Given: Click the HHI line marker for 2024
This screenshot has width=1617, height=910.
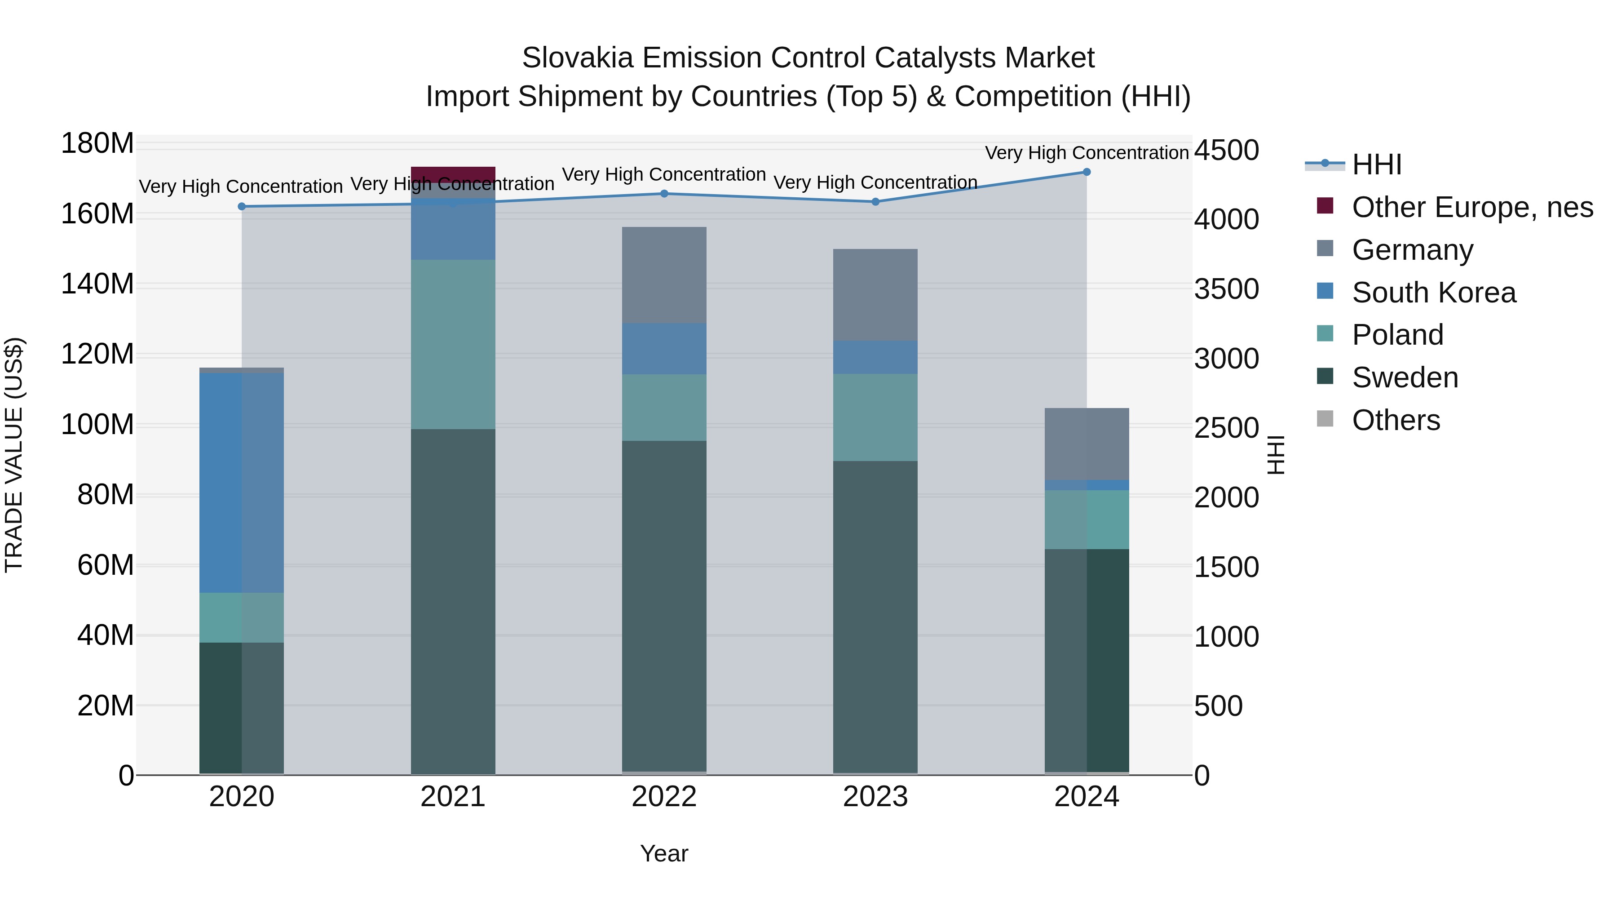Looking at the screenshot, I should pyautogui.click(x=1087, y=172).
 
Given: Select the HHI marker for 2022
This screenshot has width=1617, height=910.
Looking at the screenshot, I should pyautogui.click(x=664, y=193).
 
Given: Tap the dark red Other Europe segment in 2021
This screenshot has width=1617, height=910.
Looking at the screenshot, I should pyautogui.click(x=453, y=174).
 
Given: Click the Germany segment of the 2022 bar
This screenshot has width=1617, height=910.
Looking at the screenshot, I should pyautogui.click(x=664, y=275).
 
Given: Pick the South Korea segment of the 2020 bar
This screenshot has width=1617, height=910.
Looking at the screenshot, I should pyautogui.click(x=242, y=482).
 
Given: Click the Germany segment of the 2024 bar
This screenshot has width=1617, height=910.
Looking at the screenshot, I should pyautogui.click(x=1087, y=444).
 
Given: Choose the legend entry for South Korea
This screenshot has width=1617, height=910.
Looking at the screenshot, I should pyautogui.click(x=1433, y=293).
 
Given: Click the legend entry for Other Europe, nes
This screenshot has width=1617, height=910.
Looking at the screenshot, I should pyautogui.click(x=1472, y=207).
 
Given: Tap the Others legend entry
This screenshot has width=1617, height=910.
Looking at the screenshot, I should pyautogui.click(x=1396, y=420).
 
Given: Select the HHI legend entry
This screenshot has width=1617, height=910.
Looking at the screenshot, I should pyautogui.click(x=1377, y=164).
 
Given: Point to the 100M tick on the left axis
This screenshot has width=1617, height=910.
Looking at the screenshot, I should pyautogui.click(x=97, y=425).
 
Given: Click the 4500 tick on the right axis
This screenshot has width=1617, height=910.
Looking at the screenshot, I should pyautogui.click(x=1226, y=151).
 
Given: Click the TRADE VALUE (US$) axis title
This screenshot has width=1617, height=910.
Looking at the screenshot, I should pyautogui.click(x=14, y=455).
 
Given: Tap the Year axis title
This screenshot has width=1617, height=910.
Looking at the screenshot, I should pyautogui.click(x=664, y=853).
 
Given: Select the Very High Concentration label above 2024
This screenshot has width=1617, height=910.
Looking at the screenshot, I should pyautogui.click(x=1087, y=153).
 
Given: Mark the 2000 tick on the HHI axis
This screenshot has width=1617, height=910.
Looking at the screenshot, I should pyautogui.click(x=1226, y=497).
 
